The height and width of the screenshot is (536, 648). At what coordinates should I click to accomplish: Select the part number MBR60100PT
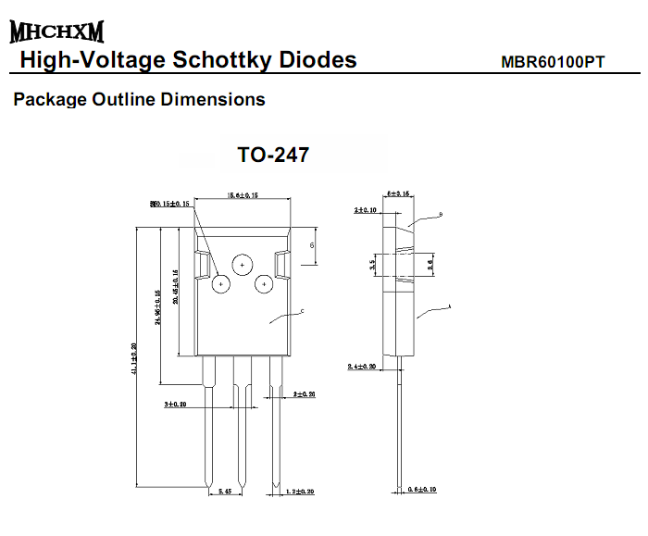tap(553, 63)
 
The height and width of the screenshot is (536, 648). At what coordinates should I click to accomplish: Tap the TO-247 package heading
tap(273, 155)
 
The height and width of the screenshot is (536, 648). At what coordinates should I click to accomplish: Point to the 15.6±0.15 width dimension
tap(242, 195)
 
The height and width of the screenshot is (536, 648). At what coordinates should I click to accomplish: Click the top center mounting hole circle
tap(242, 265)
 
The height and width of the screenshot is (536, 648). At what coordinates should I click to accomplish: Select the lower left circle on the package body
tap(221, 284)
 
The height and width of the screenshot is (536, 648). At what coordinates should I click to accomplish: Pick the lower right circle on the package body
tap(263, 284)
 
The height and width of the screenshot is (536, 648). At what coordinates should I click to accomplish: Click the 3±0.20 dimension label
tap(177, 405)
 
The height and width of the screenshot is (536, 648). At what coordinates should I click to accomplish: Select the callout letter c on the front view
tap(303, 313)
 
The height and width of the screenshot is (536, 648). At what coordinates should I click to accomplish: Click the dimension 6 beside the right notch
tap(312, 245)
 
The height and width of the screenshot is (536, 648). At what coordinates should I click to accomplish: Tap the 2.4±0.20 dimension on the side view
tap(364, 367)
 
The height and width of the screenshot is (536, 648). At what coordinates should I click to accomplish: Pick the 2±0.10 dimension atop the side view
tap(367, 210)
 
